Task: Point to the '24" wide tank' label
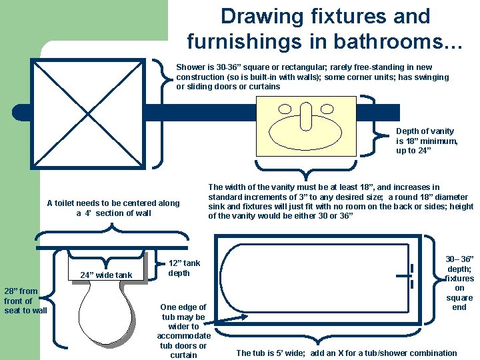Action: pos(107,275)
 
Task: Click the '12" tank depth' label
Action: pos(184,268)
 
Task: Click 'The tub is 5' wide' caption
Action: pos(347,353)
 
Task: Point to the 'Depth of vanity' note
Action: pos(427,141)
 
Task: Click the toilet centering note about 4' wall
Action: pos(113,208)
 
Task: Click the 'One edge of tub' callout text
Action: pos(184,331)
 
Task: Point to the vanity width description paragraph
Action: pos(341,201)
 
